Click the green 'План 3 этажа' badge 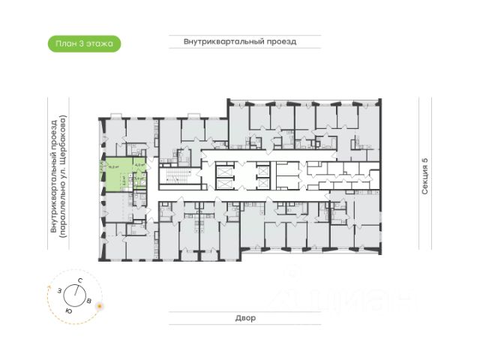click(84, 43)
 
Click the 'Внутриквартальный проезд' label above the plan click(240, 42)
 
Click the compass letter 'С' click(79, 280)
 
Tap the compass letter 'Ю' click(68, 310)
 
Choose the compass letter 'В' click(90, 301)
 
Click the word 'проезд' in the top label click(280, 42)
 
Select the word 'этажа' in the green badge click(100, 43)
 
